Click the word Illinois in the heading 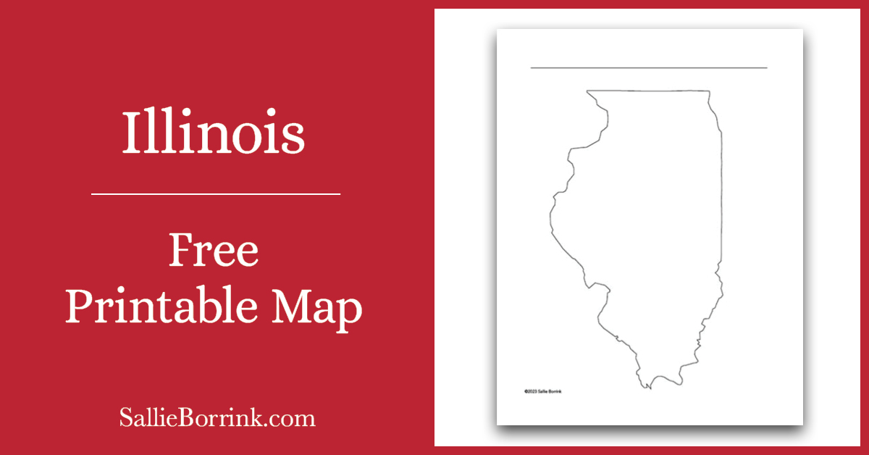tap(213, 133)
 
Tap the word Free tap(213, 251)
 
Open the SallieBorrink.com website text tap(217, 418)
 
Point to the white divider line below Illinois tap(216, 194)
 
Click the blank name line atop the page tap(648, 68)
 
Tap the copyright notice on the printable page tap(542, 391)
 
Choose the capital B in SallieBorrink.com tap(208, 418)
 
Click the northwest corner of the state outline tap(587, 91)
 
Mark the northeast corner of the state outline tap(709, 91)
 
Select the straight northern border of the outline tap(648, 91)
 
